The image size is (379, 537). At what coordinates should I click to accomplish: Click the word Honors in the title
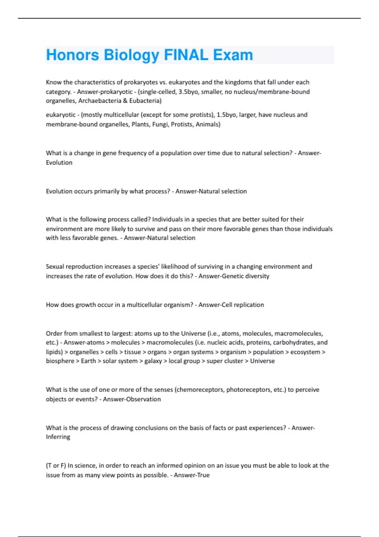(x=72, y=55)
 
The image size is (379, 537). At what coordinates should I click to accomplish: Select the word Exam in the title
(x=233, y=55)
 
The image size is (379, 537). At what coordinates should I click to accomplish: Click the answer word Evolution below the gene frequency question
(x=59, y=162)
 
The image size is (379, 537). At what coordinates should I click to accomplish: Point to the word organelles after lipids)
(x=84, y=352)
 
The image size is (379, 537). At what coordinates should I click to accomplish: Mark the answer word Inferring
(x=58, y=437)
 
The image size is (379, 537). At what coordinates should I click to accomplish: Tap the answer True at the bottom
(x=202, y=475)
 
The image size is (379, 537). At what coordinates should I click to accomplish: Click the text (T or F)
(x=56, y=466)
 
